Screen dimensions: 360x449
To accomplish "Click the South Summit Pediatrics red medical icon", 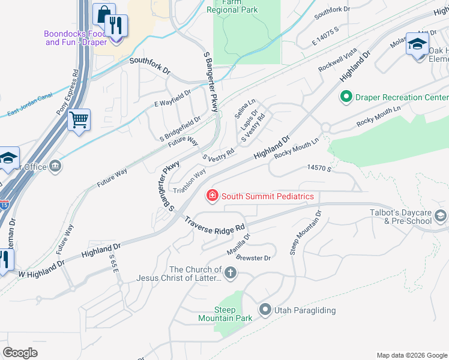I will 212,196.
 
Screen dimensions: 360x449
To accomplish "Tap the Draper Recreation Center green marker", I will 346,97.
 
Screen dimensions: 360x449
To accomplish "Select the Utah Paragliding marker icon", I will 265,310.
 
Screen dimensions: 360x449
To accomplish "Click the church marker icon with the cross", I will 231,274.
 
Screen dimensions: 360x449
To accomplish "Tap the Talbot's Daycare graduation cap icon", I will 441,216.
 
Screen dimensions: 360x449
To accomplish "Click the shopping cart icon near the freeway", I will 79,120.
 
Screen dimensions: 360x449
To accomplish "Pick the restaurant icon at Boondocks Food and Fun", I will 116,26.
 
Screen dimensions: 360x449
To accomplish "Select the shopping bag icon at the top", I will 104,14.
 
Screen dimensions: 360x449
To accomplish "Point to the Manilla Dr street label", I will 238,245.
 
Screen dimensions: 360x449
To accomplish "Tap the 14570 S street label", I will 319,170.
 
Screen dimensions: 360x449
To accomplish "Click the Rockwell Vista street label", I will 337,60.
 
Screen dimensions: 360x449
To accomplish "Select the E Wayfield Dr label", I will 172,97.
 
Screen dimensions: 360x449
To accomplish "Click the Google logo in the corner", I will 20,353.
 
